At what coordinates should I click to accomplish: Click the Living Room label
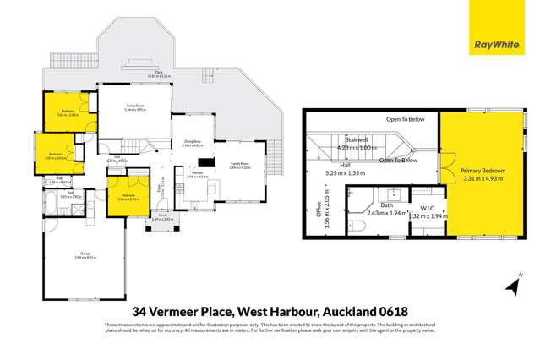pos(135,106)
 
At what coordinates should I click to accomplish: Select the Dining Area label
pos(192,142)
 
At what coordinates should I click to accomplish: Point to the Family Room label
pos(241,165)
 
